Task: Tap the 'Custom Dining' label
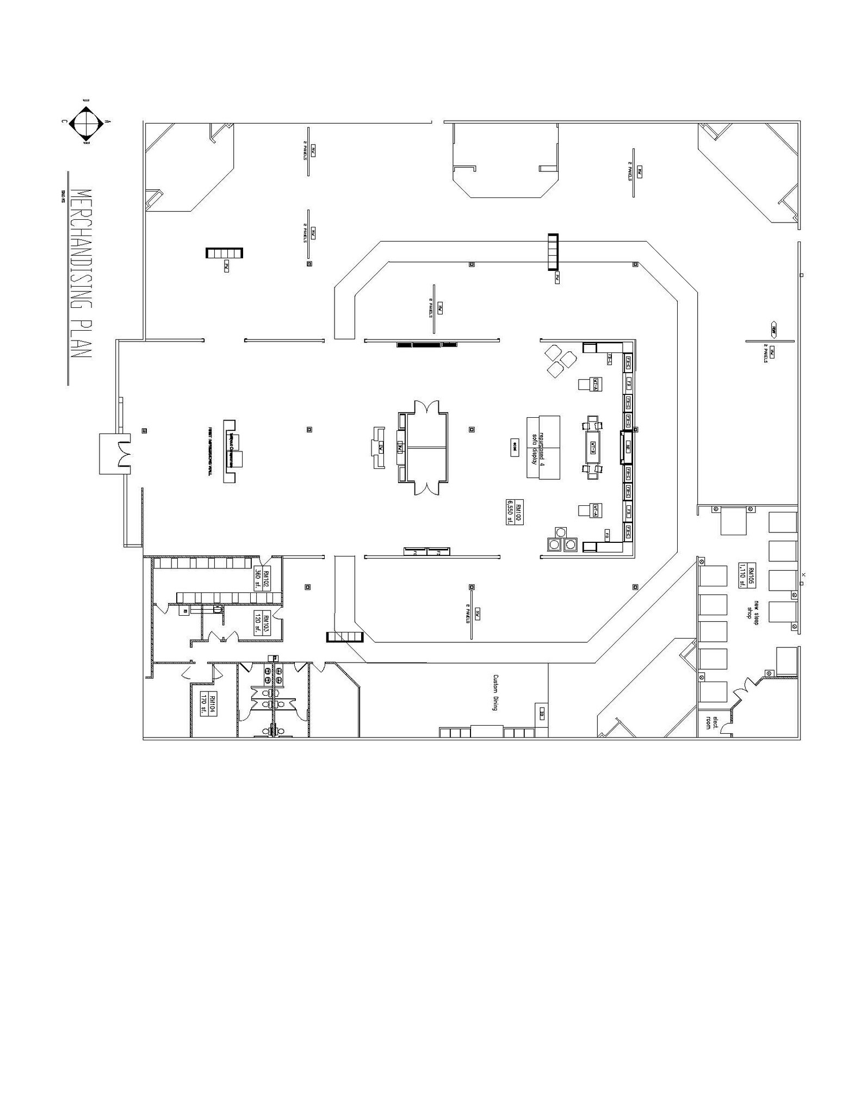(496, 692)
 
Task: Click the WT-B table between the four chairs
(593, 447)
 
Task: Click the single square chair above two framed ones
(561, 531)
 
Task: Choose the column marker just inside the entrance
(144, 431)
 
